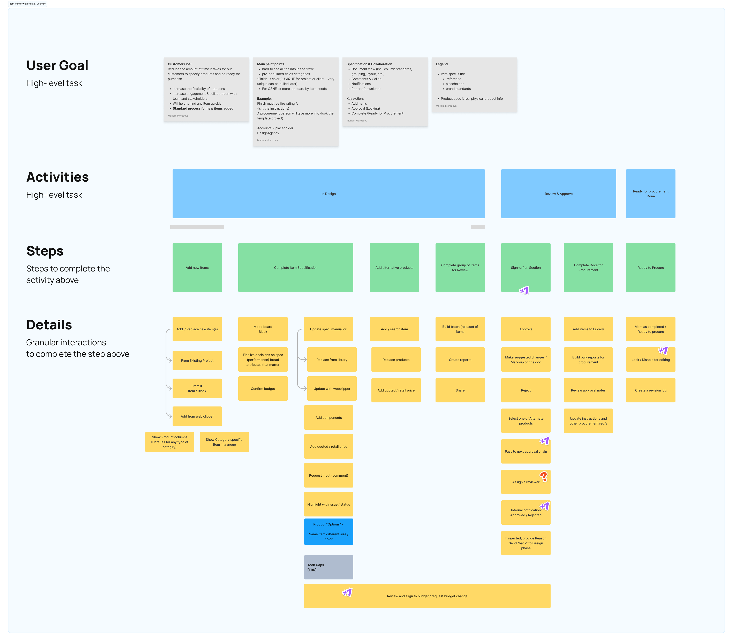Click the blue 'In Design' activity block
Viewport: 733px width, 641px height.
point(328,193)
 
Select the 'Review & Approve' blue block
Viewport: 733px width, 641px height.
point(558,193)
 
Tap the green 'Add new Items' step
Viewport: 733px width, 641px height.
point(197,268)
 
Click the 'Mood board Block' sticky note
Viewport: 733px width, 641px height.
point(263,329)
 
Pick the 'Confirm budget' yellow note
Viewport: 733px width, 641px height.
point(263,388)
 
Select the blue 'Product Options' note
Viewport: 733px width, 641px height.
point(328,532)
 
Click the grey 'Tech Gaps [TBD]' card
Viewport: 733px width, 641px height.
point(328,567)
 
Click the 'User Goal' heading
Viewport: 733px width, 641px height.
point(57,65)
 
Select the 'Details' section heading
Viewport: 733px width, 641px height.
point(49,325)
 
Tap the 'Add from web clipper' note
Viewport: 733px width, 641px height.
point(197,416)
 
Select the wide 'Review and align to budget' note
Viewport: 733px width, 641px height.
point(427,596)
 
